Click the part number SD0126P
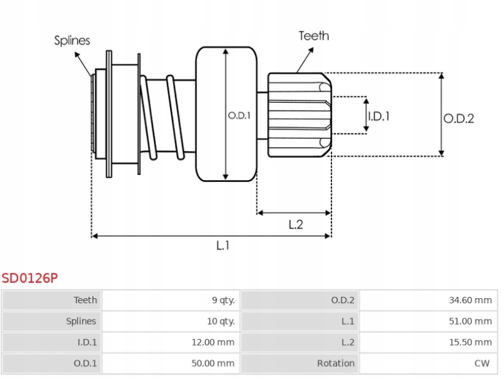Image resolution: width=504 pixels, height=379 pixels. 30,277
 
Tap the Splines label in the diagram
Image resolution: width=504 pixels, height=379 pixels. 71,40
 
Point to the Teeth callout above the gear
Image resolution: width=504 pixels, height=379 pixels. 313,35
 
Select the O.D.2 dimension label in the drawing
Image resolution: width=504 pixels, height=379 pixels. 458,117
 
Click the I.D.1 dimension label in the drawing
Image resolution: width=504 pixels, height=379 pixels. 379,116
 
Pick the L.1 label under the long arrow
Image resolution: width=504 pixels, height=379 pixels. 222,246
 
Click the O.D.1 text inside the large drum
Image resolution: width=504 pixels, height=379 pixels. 239,116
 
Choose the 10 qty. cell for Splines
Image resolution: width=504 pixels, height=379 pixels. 221,321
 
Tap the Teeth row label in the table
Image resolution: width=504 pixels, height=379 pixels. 85,300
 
